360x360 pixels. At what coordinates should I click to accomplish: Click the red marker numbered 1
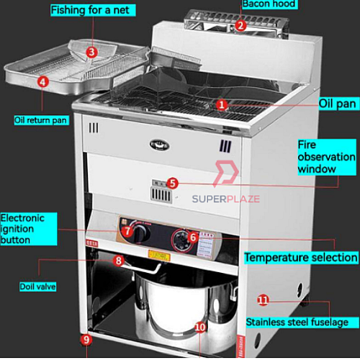222,104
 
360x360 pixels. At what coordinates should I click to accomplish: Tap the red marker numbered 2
241,25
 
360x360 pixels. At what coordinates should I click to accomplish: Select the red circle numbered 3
91,52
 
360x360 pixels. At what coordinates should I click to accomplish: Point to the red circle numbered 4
43,81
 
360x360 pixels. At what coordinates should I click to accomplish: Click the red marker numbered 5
172,183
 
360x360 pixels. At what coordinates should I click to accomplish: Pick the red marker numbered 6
193,237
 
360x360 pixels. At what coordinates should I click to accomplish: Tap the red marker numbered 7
127,231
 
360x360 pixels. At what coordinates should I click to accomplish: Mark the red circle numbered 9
86,340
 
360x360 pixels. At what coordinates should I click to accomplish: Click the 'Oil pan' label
337,103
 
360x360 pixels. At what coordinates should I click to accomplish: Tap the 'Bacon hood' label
269,4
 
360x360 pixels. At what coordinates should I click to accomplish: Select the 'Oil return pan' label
41,120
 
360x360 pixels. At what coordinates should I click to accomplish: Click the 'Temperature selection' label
301,257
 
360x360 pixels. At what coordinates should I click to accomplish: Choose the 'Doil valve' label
38,286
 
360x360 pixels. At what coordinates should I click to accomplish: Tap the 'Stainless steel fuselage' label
297,322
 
